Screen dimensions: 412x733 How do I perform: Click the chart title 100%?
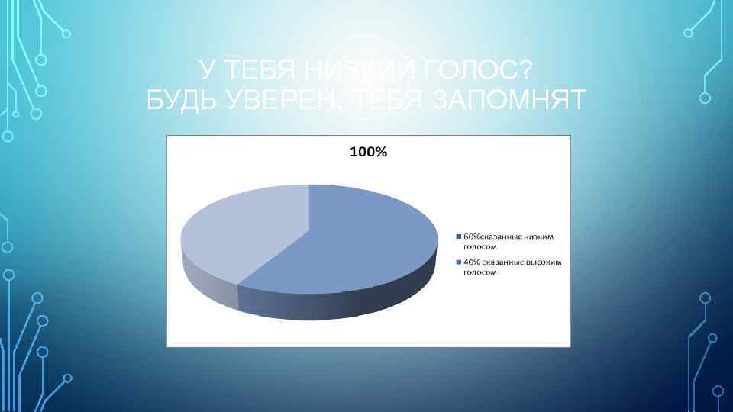368,153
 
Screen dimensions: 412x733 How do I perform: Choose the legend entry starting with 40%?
510,267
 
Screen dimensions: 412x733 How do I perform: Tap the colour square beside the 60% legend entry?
458,237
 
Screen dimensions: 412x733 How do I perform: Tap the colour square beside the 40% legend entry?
458,262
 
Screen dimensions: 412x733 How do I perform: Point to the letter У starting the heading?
205,71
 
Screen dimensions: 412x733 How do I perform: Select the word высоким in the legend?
542,262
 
